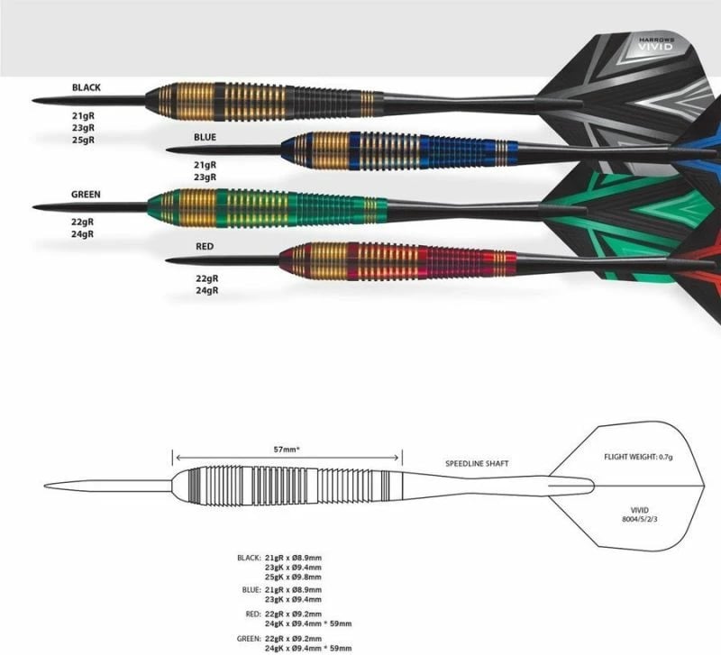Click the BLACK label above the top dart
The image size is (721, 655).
point(86,87)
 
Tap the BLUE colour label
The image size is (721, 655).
point(205,137)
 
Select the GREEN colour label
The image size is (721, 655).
point(86,195)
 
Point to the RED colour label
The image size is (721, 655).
point(205,246)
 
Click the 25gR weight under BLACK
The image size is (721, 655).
point(83,140)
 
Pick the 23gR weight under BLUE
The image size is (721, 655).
point(205,177)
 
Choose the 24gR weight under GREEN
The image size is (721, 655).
point(83,234)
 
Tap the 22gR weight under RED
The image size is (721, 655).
point(207,278)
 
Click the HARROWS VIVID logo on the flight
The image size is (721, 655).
point(656,44)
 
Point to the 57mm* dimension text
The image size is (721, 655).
point(287,450)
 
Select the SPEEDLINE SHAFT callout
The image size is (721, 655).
point(477,463)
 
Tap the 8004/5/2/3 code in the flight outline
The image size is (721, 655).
point(640,519)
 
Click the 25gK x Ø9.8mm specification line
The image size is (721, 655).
point(293,577)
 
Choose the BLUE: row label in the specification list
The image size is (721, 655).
point(251,590)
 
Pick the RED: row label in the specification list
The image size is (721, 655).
point(253,614)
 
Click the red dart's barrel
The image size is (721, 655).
point(397,261)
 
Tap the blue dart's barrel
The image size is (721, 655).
point(399,150)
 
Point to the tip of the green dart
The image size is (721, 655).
point(33,207)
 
